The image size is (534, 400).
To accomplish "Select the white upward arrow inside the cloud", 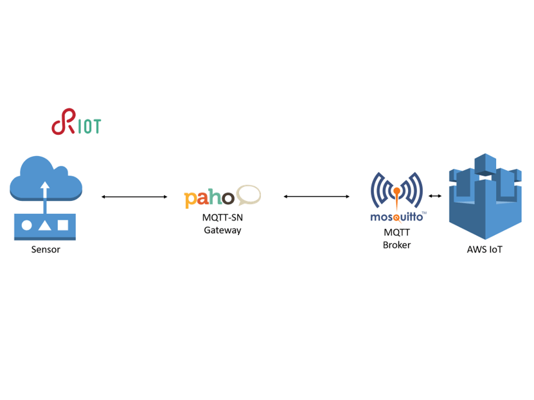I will point(44,193).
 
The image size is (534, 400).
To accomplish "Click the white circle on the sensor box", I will point(27,225).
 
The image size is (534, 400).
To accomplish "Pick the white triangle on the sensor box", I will point(44,225).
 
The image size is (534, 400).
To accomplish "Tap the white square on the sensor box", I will point(63,225).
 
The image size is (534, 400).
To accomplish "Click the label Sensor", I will point(46,249).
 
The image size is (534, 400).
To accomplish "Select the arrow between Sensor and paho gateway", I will point(134,197).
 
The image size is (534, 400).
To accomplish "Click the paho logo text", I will point(209,198).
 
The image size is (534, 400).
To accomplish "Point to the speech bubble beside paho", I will point(249,194).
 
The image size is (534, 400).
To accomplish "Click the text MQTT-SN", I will point(222,217).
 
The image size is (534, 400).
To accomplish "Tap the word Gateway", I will point(222,230).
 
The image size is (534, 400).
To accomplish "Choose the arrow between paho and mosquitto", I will point(316,196).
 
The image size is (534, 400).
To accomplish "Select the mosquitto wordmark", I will point(396,217).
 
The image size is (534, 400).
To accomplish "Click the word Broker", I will point(396,245).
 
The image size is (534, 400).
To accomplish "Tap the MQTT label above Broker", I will point(396,232).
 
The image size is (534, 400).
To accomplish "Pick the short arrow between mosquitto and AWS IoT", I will point(435,196).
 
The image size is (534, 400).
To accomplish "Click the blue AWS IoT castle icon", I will point(485,196).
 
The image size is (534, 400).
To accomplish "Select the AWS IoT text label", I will point(485,249).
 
